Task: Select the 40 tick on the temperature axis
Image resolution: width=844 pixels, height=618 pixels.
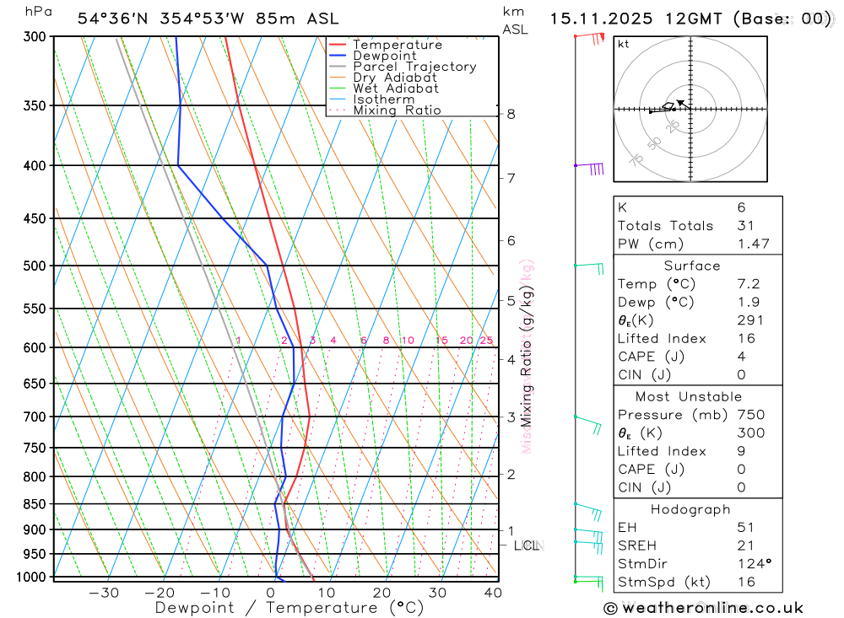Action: click(493, 593)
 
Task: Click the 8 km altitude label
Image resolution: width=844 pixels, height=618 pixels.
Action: click(511, 114)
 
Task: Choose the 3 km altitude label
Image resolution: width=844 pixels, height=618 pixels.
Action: click(511, 416)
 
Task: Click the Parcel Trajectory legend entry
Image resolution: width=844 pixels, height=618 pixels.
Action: click(414, 67)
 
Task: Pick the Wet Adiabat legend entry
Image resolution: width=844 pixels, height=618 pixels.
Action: click(396, 89)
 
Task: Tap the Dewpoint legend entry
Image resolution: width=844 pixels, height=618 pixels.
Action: click(385, 56)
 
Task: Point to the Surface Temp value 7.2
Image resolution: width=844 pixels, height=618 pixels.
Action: click(748, 284)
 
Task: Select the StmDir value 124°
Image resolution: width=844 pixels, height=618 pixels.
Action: click(753, 563)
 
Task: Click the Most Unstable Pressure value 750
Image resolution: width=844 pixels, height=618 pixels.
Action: click(750, 415)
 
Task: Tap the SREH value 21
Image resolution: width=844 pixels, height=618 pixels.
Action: click(744, 545)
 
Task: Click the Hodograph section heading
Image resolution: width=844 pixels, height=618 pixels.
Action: click(691, 509)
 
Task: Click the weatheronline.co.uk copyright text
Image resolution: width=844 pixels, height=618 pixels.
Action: click(704, 608)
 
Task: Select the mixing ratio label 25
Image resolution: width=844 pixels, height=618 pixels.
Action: click(486, 341)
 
